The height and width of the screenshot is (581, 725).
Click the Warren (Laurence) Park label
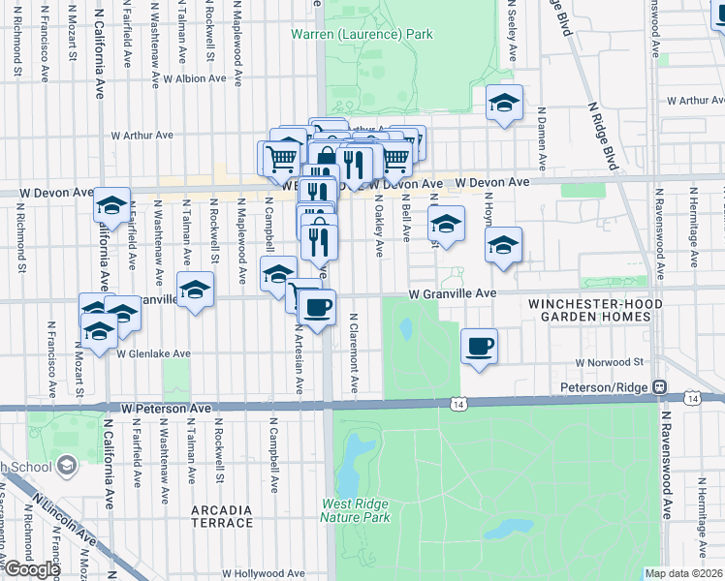(x=362, y=35)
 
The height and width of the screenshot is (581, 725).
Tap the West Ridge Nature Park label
(x=357, y=510)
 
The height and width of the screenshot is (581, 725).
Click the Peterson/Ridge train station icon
(x=659, y=386)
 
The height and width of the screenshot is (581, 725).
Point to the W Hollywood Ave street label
(x=264, y=573)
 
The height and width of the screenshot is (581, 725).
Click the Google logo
(x=31, y=568)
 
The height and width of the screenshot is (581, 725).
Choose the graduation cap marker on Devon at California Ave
(x=112, y=205)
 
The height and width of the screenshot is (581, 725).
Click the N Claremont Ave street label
(x=354, y=353)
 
